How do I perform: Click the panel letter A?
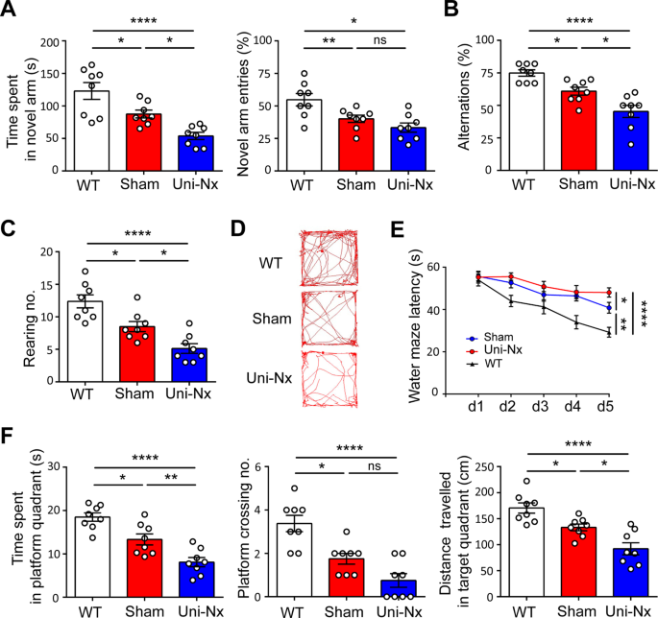coord(11,11)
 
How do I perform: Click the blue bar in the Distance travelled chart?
coord(600,572)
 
